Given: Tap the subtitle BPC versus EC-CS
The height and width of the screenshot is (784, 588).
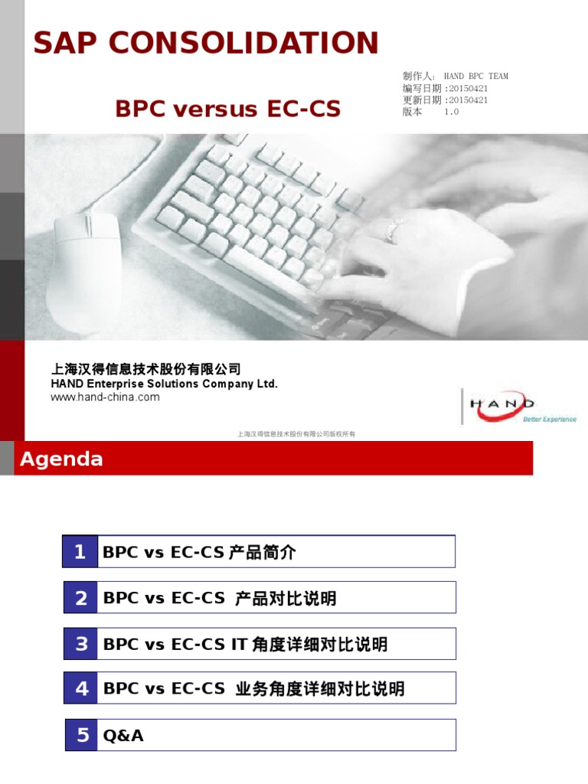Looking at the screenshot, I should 227,109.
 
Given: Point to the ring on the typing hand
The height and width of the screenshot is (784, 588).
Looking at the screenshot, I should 394,227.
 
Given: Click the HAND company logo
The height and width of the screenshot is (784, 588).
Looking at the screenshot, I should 506,406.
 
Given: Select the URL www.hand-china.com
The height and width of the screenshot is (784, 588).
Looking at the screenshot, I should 105,397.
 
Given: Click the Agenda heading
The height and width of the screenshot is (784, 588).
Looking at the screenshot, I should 61,459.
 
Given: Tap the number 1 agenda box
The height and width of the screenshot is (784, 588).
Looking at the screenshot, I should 80,552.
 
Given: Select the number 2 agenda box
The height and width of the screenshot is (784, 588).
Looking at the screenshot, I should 80,598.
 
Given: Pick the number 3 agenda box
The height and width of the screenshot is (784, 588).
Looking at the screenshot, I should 80,644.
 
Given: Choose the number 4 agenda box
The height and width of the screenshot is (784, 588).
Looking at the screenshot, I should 80,688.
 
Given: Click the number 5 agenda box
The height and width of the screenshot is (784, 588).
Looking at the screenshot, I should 82,735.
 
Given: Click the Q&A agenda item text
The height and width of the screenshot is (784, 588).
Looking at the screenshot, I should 123,736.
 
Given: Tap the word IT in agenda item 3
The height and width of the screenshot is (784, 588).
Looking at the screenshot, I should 239,645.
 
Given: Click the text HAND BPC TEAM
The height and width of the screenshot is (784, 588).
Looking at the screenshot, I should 475,77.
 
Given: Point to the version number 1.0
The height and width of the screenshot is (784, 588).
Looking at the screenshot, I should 451,112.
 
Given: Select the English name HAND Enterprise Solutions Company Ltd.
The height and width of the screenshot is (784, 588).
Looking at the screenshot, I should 164,384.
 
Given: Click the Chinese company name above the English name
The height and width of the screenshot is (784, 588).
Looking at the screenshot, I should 145,369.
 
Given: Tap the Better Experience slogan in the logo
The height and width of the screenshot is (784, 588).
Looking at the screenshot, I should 549,419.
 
